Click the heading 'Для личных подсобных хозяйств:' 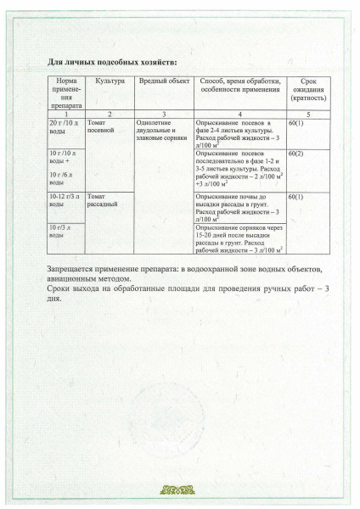[x=111, y=63]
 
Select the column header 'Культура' [x=111, y=81]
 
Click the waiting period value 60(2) [x=296, y=154]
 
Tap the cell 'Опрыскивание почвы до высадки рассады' [x=237, y=206]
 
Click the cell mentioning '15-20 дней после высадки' [x=237, y=238]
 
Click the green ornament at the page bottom [x=180, y=489]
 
